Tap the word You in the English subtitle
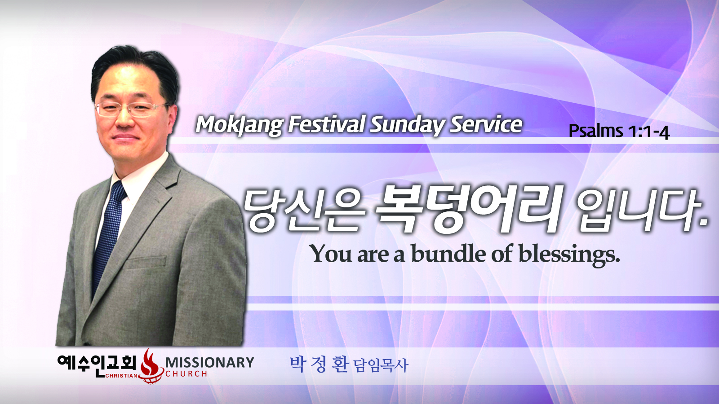tap(332, 254)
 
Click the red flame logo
tap(149, 366)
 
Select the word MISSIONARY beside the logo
tap(209, 362)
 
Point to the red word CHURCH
tap(186, 374)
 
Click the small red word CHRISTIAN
tap(121, 376)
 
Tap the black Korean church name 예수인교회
tap(97, 364)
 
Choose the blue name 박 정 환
tap(319, 364)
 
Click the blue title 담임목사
tap(381, 366)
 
